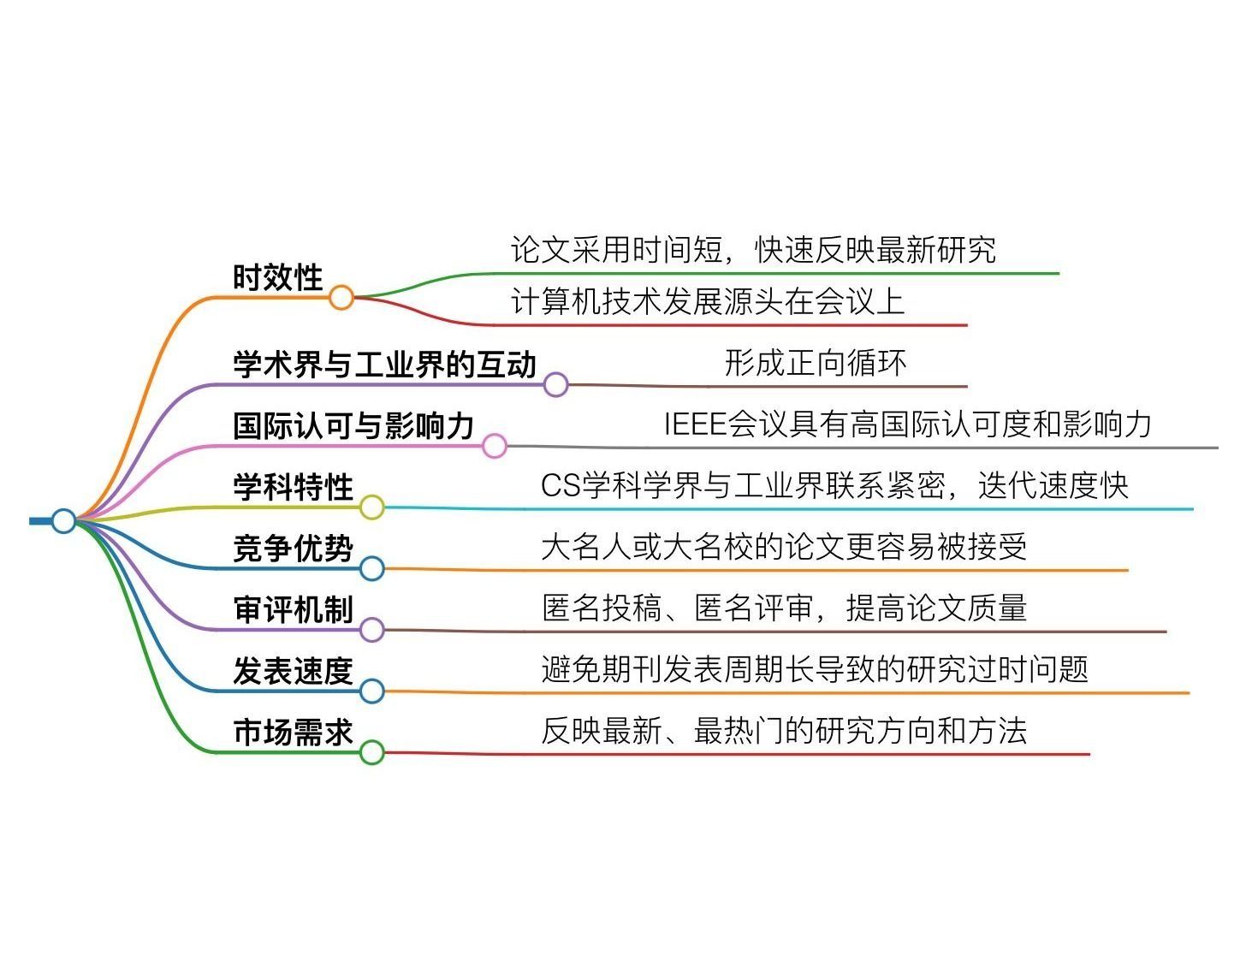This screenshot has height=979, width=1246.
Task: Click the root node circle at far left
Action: (x=63, y=520)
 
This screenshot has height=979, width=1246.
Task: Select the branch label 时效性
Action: (x=277, y=278)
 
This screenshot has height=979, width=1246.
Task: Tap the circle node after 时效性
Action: (x=341, y=297)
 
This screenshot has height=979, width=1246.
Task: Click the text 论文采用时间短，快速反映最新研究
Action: (x=753, y=250)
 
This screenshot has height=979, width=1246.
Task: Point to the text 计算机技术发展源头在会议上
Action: (x=707, y=302)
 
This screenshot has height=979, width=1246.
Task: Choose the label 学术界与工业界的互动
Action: (x=384, y=365)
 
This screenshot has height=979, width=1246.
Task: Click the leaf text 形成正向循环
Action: (x=815, y=363)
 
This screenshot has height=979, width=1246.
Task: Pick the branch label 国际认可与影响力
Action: (x=353, y=425)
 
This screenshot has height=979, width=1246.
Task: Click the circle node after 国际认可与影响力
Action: (x=495, y=445)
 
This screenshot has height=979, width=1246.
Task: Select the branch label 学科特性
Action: (x=293, y=487)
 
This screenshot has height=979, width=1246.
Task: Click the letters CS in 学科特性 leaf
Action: (x=561, y=486)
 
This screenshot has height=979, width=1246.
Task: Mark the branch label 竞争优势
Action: (x=293, y=549)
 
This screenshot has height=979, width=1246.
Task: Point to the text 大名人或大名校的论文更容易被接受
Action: (x=784, y=547)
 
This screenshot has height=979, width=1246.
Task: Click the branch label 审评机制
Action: (x=293, y=610)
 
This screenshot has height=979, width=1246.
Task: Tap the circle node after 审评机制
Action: (x=371, y=630)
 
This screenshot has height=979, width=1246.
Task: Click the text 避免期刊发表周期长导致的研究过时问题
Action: (x=815, y=669)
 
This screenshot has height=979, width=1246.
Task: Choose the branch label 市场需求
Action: (x=293, y=733)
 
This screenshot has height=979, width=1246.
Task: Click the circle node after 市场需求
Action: (x=371, y=752)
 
